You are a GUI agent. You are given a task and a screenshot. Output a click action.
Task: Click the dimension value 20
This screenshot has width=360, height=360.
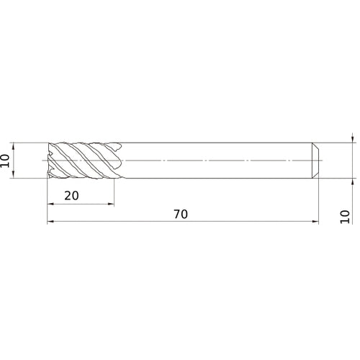[x=71, y=195]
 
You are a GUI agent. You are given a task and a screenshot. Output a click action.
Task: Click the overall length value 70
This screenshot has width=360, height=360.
[x=181, y=215]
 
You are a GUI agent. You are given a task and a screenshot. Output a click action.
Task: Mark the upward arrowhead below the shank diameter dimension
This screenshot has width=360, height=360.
[x=351, y=182]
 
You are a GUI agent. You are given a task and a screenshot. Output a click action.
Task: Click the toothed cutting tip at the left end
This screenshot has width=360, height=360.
[x=50, y=160]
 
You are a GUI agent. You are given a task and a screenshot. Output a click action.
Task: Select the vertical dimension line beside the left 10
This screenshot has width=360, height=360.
[x=16, y=160]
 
